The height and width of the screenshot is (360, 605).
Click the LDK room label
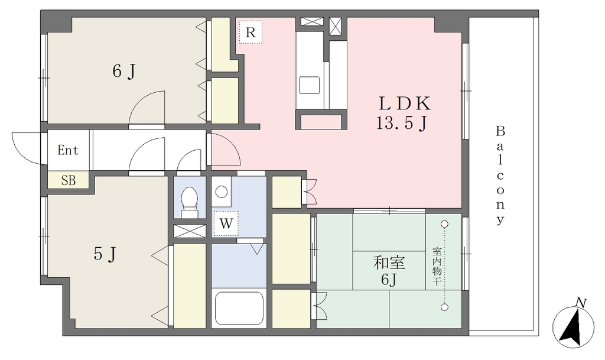click(x=404, y=103)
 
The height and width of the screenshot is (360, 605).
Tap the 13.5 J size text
click(x=401, y=123)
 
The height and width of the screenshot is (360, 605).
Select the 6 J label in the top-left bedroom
click(x=124, y=72)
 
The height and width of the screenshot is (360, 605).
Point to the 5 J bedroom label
click(x=105, y=254)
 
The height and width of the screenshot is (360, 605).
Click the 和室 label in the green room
click(x=389, y=263)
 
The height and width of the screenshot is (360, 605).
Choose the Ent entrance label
click(x=68, y=150)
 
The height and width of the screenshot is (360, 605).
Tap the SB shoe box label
click(x=69, y=180)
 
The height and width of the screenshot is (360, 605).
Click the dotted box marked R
click(x=251, y=33)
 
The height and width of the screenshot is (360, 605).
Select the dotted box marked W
click(x=226, y=223)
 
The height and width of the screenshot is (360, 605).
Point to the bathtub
click(x=239, y=308)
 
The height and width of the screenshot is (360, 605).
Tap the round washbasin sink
click(x=222, y=192)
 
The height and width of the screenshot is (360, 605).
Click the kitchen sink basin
click(x=310, y=85)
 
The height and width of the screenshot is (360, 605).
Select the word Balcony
click(x=500, y=176)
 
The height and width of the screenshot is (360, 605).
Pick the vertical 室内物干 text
click(x=437, y=267)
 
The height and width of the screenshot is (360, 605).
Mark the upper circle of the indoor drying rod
click(x=445, y=224)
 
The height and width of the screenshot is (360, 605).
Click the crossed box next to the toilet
click(x=190, y=231)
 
